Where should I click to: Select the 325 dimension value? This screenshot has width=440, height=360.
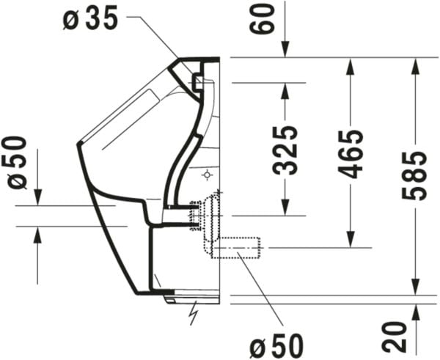285,150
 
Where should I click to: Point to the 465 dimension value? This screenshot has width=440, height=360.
351,154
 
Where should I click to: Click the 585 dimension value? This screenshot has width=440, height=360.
414,176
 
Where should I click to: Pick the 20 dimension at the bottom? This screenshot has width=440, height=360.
395,337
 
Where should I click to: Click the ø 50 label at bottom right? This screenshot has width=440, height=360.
276,345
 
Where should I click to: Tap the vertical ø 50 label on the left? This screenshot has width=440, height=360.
17,163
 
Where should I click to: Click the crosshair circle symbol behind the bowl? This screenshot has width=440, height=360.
207,175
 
